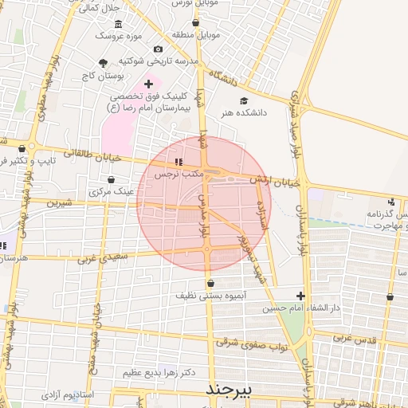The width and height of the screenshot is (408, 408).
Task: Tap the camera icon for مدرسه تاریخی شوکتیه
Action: coord(158,49)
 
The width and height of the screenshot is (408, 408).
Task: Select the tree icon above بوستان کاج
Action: coord(103,64)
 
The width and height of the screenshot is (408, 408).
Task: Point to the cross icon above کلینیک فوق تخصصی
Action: coord(148,84)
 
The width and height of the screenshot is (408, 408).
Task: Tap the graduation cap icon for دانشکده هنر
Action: coord(243,101)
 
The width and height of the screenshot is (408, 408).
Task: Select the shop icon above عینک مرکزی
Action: coord(111,180)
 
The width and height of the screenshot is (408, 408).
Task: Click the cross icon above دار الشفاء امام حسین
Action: coord(300,296)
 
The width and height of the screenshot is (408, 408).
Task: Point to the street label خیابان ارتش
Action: coord(275,182)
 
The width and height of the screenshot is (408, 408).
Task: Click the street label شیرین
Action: coord(58,203)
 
